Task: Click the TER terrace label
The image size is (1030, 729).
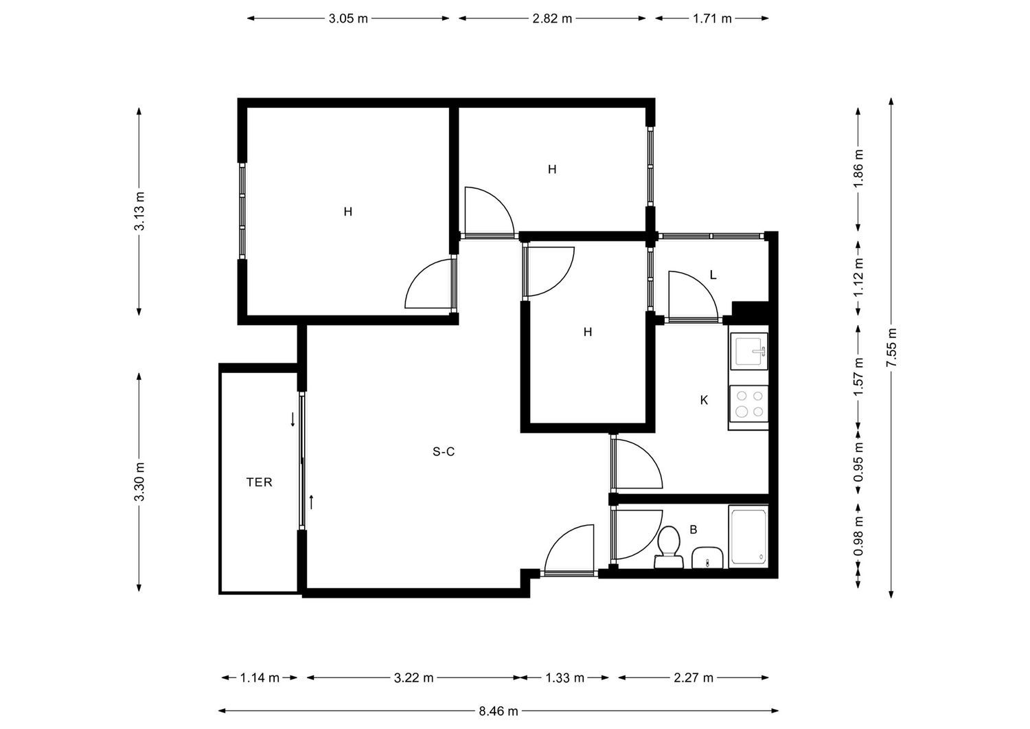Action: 260,482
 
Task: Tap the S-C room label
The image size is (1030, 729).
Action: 444,452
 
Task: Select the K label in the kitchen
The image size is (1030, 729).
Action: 704,401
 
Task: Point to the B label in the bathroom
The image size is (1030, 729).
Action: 694,530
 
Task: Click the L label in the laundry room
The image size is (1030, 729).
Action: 713,276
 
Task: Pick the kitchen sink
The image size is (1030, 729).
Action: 748,351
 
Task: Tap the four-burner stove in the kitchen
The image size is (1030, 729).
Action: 748,403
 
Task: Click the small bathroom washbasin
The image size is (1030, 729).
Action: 707,558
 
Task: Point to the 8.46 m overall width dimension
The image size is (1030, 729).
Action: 499,711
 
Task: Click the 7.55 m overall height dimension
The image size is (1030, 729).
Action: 891,348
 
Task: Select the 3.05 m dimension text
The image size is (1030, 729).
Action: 348,19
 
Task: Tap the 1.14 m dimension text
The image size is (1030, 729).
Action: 260,677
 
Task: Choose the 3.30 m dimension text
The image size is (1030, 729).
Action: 139,482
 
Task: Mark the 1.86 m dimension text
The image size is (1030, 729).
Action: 858,168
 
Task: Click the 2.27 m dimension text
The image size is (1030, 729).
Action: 694,677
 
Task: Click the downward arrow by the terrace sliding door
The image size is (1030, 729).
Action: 293,419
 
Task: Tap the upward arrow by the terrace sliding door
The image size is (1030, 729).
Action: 311,502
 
